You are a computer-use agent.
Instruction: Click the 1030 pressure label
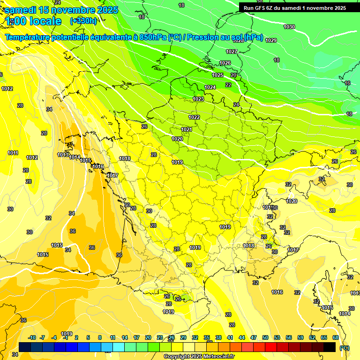click(x=289, y=27)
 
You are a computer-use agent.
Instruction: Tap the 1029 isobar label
click(x=271, y=40)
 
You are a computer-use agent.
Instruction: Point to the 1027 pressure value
click(x=232, y=52)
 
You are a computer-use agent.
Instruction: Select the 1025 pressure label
click(x=217, y=75)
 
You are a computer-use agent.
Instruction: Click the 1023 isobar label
click(x=198, y=99)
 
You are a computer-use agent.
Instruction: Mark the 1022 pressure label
click(x=194, y=117)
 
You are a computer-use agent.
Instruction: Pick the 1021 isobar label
click(x=187, y=129)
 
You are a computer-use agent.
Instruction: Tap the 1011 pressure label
click(x=13, y=153)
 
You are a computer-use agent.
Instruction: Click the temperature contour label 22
click(x=228, y=85)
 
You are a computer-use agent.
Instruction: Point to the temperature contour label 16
click(x=347, y=83)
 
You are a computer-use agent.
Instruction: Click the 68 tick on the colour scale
click(x=335, y=337)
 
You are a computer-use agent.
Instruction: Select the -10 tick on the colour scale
click(x=32, y=337)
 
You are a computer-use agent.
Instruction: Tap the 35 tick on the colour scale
click(x=207, y=337)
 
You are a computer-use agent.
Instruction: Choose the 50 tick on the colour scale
click(x=265, y=337)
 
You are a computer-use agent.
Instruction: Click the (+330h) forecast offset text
click(x=83, y=21)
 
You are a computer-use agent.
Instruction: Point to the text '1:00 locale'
click(x=34, y=21)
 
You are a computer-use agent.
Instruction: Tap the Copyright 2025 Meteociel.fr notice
click(x=199, y=356)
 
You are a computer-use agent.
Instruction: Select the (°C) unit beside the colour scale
click(x=345, y=347)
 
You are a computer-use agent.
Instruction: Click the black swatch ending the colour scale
click(x=330, y=347)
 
